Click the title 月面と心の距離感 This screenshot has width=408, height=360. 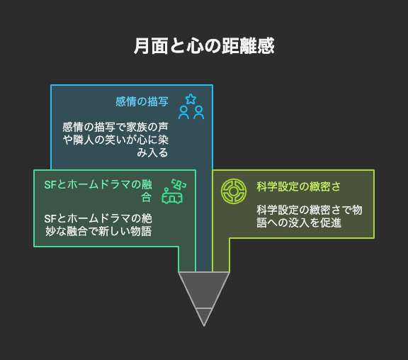coord(204,46)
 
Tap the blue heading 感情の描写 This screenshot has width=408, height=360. coord(142,101)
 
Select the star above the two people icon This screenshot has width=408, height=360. coord(191,99)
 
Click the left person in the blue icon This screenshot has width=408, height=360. coord(183,113)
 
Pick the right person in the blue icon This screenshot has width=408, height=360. coord(199,113)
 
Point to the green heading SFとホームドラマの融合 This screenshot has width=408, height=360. coord(98,191)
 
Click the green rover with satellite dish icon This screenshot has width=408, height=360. coord(174,191)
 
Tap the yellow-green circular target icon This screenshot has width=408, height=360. coord(234,191)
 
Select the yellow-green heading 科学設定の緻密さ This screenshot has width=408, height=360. coord(298,186)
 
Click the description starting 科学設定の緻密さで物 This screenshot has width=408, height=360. coord(310,216)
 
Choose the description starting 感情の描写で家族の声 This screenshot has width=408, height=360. coord(115,140)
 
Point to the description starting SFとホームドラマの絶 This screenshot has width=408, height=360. coord(98,225)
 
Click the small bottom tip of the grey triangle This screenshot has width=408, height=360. coord(204,317)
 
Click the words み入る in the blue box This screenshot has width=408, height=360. coord(152,152)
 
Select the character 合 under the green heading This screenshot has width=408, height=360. coord(147,197)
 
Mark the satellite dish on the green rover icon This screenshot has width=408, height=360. coord(178,184)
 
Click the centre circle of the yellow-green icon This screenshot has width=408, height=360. coord(234,191)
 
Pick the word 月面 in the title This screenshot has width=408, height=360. coord(151,46)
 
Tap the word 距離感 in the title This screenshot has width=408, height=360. coord(248,46)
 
